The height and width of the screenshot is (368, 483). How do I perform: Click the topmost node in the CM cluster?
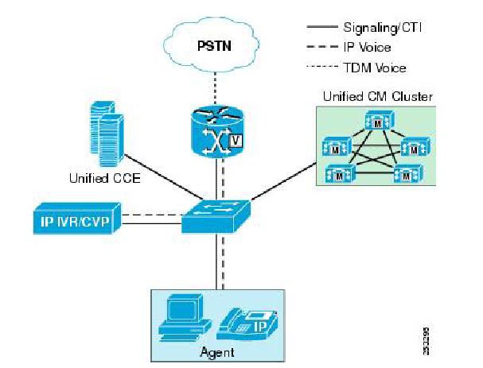pos(376,121)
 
